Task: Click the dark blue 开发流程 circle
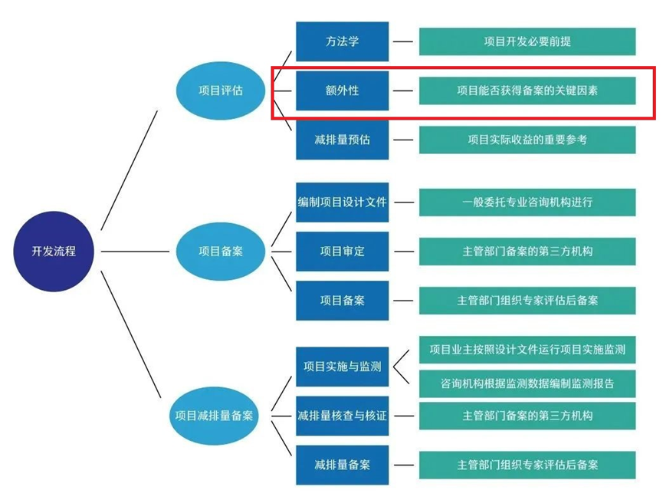tap(54, 252)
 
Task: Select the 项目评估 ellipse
tap(221, 90)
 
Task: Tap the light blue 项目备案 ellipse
tap(221, 252)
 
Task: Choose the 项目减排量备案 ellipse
tap(214, 416)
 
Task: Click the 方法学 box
tap(342, 41)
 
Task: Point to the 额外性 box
tap(342, 90)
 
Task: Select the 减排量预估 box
tap(342, 140)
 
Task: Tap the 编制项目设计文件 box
tap(342, 202)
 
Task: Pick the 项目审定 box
tap(342, 252)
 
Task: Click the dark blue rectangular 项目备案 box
tap(342, 301)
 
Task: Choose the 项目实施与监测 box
tap(342, 367)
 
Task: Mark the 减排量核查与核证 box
tap(342, 416)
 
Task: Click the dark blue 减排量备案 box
tap(342, 465)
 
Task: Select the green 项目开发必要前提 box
tap(527, 41)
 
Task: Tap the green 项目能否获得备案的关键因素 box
tap(527, 90)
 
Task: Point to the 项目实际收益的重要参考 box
tap(527, 140)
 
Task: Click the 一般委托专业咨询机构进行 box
tap(527, 202)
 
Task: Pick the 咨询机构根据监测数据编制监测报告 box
tap(527, 383)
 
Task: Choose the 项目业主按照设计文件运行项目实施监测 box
tap(527, 350)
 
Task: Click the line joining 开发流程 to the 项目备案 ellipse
tap(136, 252)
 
